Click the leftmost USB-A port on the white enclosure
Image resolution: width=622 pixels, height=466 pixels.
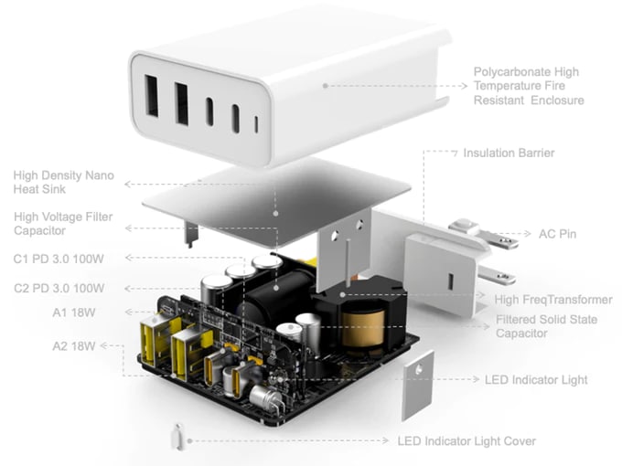click(x=152, y=98)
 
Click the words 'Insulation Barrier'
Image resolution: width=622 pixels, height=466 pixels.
click(x=508, y=154)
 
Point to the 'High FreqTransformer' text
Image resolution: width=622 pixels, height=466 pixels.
click(x=553, y=300)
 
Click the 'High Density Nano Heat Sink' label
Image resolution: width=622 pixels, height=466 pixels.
click(x=63, y=181)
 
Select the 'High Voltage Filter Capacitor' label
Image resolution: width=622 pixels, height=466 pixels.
click(x=63, y=224)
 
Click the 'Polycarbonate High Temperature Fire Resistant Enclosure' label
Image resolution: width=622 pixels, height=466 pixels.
click(x=527, y=86)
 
